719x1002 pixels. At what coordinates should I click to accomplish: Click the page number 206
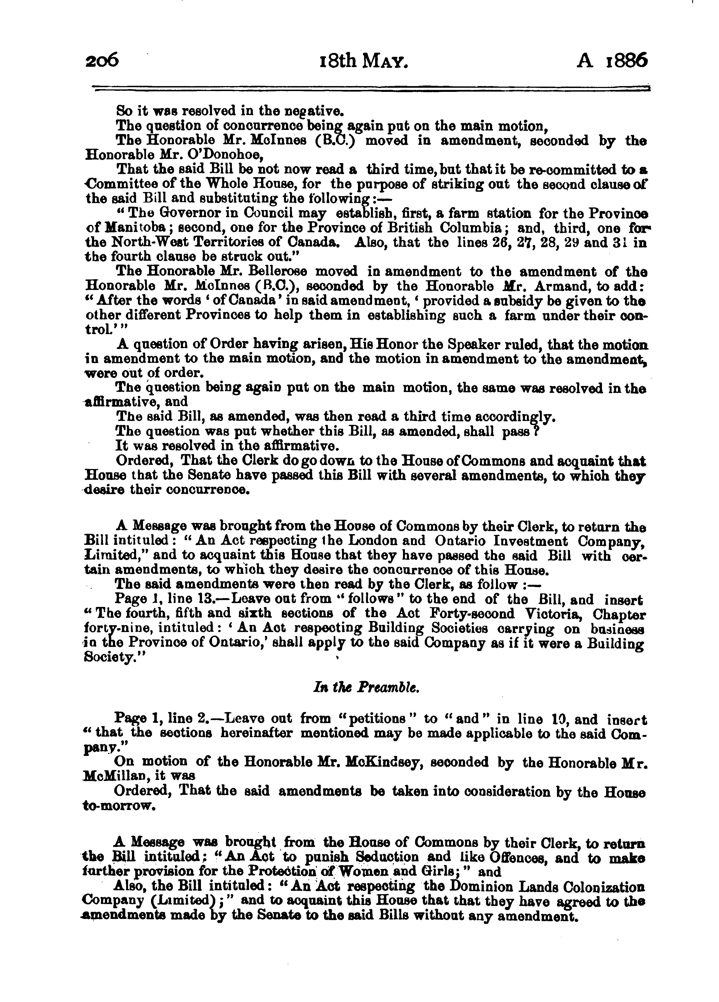(x=102, y=60)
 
